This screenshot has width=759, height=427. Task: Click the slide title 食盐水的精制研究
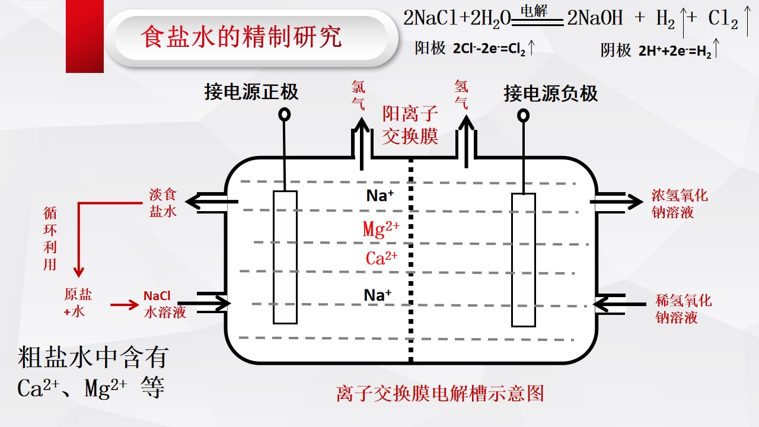pyautogui.click(x=241, y=37)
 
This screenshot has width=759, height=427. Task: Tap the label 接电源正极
pyautogui.click(x=251, y=92)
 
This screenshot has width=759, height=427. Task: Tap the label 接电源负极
pyautogui.click(x=551, y=93)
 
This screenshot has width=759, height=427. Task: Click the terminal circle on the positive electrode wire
pyautogui.click(x=284, y=114)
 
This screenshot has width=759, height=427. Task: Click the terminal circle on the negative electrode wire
pyautogui.click(x=523, y=116)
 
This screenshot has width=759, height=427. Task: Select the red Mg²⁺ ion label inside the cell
pyautogui.click(x=381, y=229)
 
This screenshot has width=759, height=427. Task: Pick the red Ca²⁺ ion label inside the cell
pyautogui.click(x=381, y=258)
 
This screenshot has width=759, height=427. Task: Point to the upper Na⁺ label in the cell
pyautogui.click(x=380, y=196)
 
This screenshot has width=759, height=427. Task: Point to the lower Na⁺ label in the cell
pyautogui.click(x=378, y=295)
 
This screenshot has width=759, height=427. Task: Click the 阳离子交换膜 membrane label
pyautogui.click(x=410, y=125)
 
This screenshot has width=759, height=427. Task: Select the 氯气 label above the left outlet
pyautogui.click(x=358, y=95)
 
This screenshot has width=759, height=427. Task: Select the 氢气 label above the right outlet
pyautogui.click(x=461, y=94)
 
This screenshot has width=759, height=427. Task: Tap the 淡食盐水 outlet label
pyautogui.click(x=163, y=203)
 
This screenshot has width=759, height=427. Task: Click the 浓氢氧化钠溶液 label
pyautogui.click(x=680, y=204)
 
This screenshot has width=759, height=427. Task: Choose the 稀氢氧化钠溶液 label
pyautogui.click(x=684, y=309)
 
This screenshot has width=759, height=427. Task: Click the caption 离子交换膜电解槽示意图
pyautogui.click(x=440, y=393)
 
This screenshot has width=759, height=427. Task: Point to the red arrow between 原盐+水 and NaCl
pyautogui.click(x=125, y=305)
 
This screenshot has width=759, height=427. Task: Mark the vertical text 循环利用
pyautogui.click(x=50, y=238)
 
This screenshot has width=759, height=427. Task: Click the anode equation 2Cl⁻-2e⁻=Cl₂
pyautogui.click(x=489, y=49)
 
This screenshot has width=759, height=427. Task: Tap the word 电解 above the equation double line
pyautogui.click(x=534, y=11)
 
